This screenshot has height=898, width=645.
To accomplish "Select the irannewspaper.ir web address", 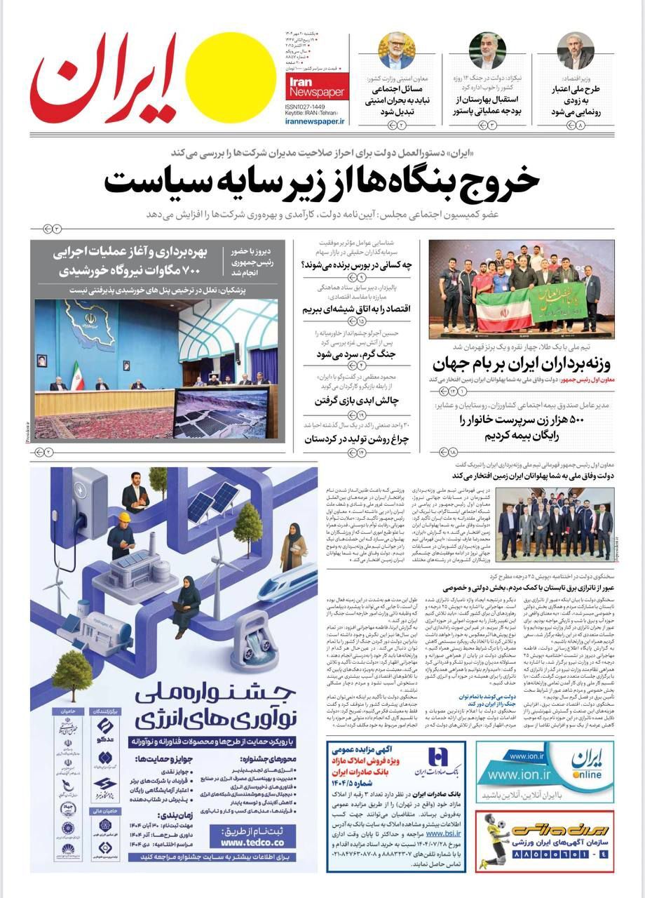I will [x=316, y=121].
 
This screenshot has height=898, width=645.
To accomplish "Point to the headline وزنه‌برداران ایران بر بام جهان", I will [x=522, y=364].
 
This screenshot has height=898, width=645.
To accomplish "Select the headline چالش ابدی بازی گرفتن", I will [x=359, y=401].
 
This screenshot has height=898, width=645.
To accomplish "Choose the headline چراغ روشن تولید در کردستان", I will [x=358, y=440].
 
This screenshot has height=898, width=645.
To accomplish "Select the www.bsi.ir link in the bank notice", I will [x=439, y=833].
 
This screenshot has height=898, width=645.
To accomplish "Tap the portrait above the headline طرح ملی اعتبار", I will [x=576, y=50].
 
